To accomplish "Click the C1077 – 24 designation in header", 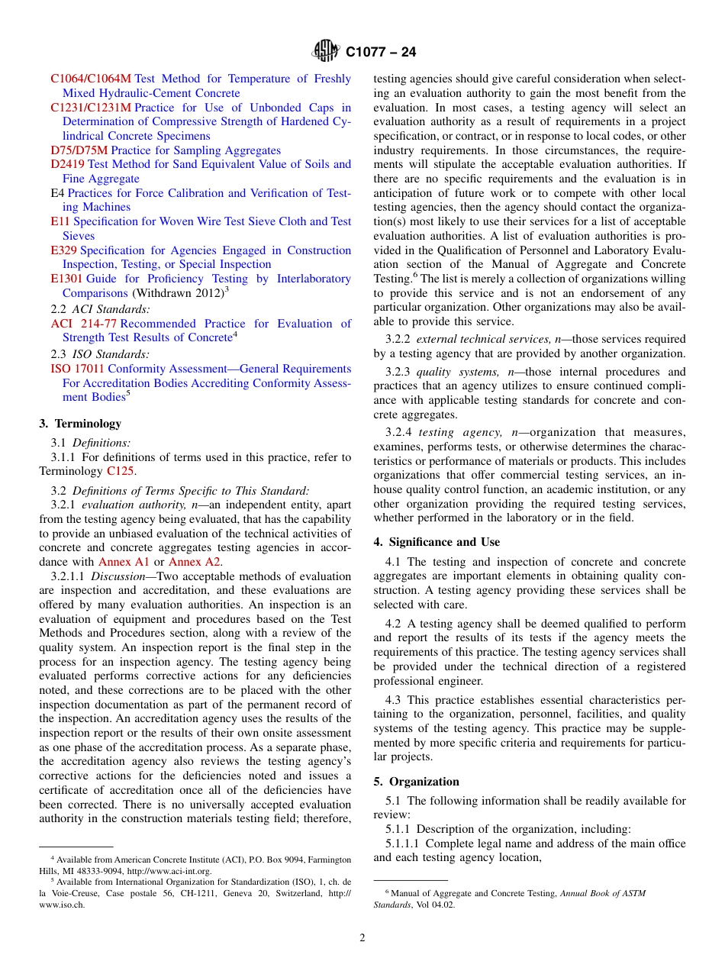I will pos(381,53).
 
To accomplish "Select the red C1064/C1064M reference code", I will pos(91,79).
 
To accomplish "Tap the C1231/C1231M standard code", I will pos(91,108).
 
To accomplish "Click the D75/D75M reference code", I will pos(79,150).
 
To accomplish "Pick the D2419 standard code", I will pos(68,164).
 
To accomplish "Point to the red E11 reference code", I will pos(60,221).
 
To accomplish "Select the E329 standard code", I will pos(63,250).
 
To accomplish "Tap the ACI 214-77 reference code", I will pos(83,324).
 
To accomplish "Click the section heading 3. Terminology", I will pos(80,424).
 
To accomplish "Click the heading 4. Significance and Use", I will pos(437,542).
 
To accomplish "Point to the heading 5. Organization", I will pos(416,782).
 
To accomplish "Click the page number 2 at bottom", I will pos(362,938).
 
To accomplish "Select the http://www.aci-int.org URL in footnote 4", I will pos(169,871).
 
